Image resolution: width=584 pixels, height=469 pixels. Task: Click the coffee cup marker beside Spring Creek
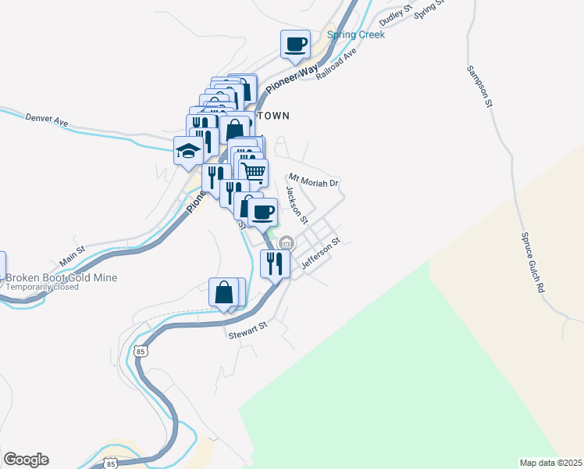[295, 45]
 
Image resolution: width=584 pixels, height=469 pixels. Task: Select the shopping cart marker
[252, 171]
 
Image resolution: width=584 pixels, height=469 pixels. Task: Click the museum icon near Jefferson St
[286, 243]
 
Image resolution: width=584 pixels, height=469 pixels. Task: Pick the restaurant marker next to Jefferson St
[274, 263]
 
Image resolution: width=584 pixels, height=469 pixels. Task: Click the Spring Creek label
[356, 34]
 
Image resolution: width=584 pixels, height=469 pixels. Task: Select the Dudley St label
[395, 16]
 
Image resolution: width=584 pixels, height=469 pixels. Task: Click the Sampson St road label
[480, 86]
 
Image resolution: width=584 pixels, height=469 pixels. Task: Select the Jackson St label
[297, 204]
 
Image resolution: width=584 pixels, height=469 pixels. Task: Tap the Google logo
[26, 460]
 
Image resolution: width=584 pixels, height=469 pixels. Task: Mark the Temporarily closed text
[42, 287]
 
